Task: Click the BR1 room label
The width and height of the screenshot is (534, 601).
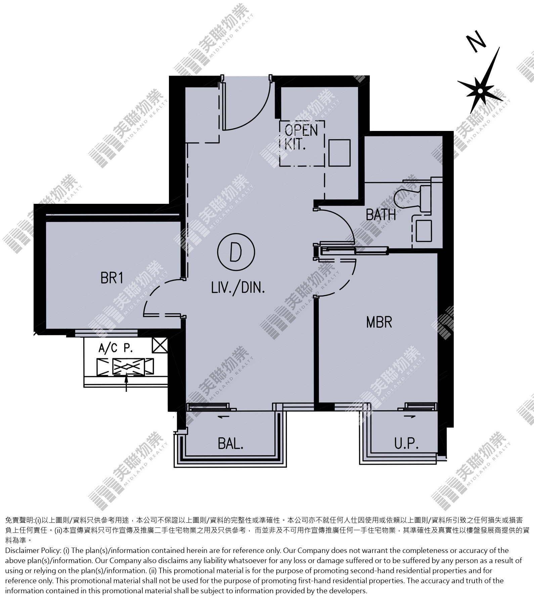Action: tap(112, 278)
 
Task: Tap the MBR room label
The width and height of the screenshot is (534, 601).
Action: tap(379, 322)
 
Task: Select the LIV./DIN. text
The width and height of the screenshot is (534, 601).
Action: tap(238, 288)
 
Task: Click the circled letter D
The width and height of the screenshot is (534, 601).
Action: tap(235, 253)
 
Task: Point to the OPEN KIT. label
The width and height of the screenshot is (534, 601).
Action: tap(301, 137)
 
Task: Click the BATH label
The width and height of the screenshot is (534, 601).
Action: tap(381, 215)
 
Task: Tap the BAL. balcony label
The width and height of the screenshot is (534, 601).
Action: tap(230, 444)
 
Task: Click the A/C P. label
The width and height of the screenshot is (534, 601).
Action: tap(116, 349)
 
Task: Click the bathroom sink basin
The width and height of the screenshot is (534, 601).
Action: tap(424, 231)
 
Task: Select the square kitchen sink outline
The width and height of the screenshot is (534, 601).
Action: tap(339, 153)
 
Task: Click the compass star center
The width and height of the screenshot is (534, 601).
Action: tap(481, 91)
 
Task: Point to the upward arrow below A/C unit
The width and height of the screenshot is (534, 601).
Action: tap(126, 383)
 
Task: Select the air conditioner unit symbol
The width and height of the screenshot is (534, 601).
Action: tap(125, 367)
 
